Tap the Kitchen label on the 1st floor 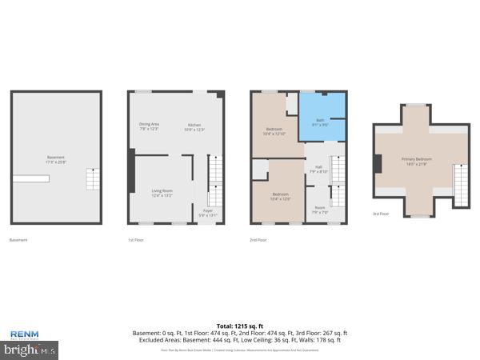[195, 126]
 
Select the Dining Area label [150, 126]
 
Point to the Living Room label [162, 193]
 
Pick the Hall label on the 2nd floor [318, 169]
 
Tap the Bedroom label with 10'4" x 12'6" [280, 196]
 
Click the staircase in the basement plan [94, 179]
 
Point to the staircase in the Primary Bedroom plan [459, 184]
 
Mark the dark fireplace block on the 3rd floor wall [376, 162]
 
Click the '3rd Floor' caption [381, 214]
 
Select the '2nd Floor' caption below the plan [258, 240]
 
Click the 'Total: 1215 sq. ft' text [240, 326]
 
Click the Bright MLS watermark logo [30, 350]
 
